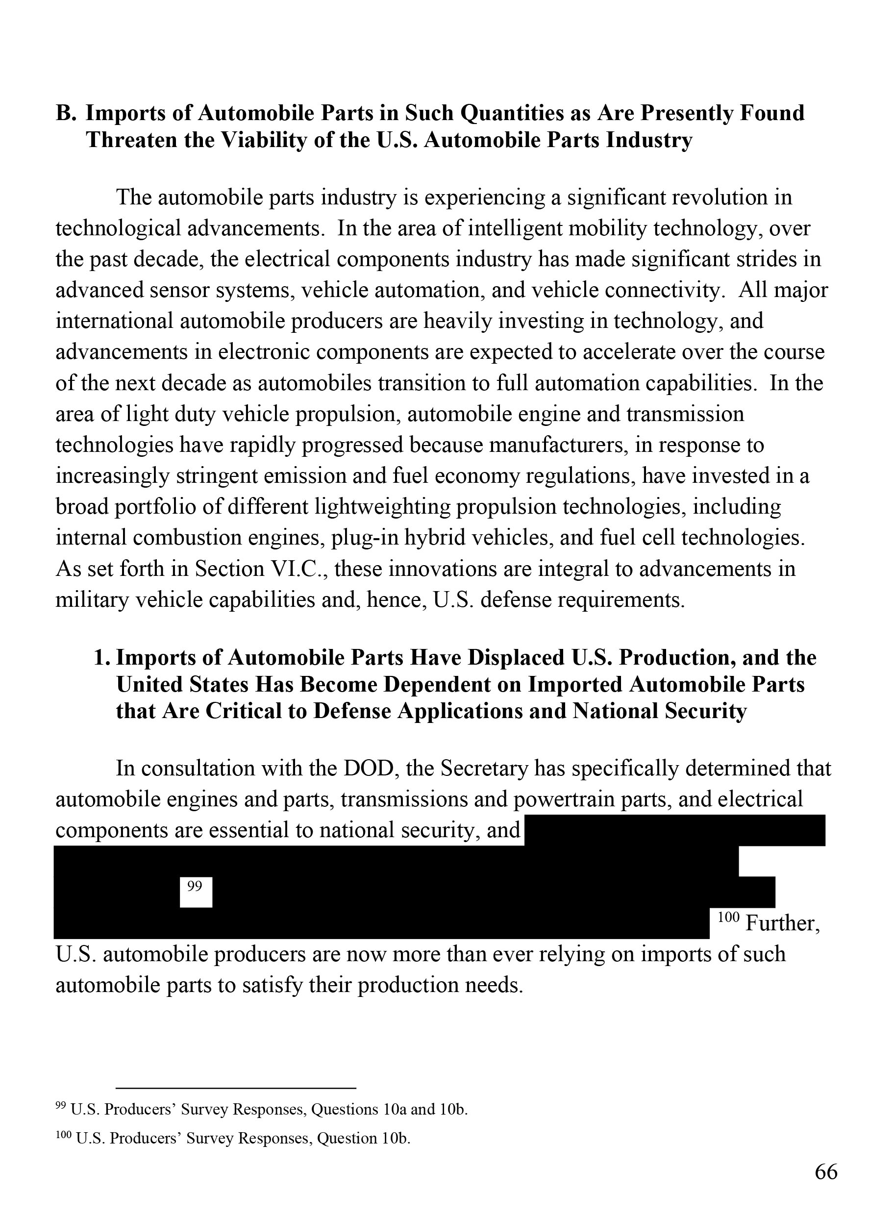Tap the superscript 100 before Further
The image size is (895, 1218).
click(728, 917)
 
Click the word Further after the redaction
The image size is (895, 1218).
click(782, 923)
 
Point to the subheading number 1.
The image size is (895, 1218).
click(102, 658)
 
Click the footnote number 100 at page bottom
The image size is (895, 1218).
click(63, 1136)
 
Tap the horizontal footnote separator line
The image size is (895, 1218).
click(236, 1088)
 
